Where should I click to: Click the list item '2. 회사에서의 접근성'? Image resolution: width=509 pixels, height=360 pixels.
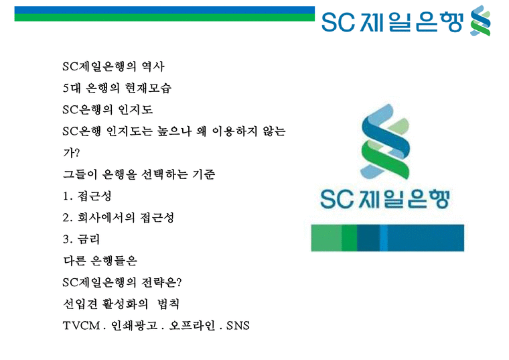(122, 218)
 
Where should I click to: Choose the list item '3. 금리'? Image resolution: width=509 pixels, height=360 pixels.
(80, 239)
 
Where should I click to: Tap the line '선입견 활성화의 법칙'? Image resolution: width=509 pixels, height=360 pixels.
(120, 304)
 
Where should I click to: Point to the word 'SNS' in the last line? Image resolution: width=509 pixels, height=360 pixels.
(238, 326)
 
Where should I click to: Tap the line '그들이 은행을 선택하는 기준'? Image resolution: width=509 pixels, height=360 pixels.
(139, 174)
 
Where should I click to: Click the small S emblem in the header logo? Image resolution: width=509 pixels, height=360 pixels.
(480, 20)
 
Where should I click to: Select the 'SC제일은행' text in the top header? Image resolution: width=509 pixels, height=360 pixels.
(392, 21)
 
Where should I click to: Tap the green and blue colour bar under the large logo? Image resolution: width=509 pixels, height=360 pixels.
(387, 238)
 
